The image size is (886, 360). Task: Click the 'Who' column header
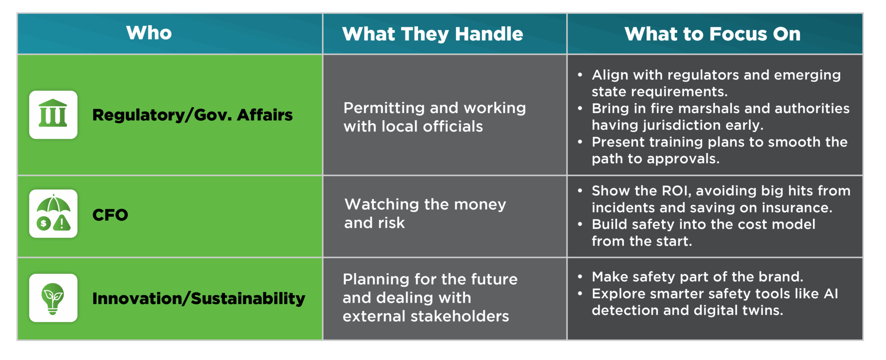tap(149, 33)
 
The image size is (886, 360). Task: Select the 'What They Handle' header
tap(432, 34)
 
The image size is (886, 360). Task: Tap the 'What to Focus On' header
tap(713, 34)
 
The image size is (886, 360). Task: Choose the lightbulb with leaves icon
tap(53, 298)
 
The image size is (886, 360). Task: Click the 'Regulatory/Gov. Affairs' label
tap(193, 115)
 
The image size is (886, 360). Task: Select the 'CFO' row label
tap(110, 215)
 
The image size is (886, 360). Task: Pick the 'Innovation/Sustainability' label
tap(199, 299)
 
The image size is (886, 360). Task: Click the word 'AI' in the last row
tap(831, 294)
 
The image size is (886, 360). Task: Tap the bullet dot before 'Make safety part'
tap(580, 276)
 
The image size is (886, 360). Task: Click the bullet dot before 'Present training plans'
tap(580, 141)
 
